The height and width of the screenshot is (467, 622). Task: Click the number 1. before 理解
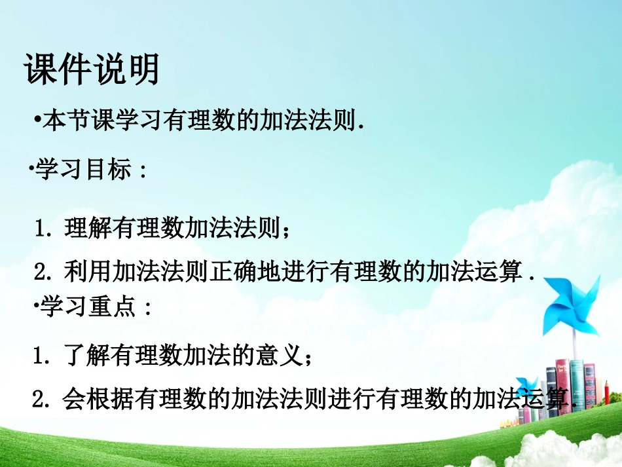(x=45, y=231)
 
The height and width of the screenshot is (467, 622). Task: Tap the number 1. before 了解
(x=44, y=358)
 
